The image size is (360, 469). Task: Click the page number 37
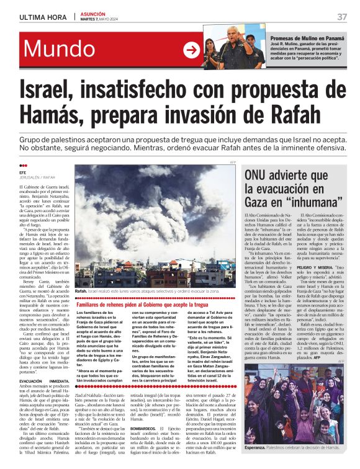(342, 17)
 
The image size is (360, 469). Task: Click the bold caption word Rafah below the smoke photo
(81, 291)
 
